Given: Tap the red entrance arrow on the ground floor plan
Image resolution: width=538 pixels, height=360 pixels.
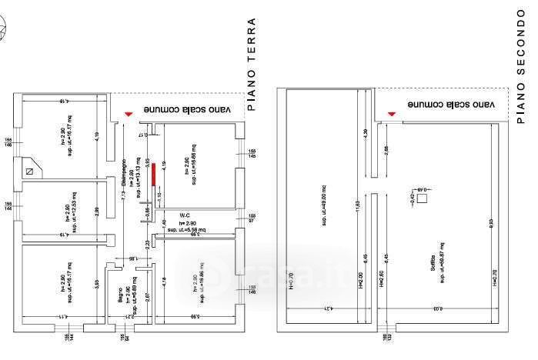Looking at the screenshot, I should [x=129, y=114].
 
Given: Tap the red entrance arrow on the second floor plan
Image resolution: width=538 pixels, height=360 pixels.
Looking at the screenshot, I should [x=392, y=114].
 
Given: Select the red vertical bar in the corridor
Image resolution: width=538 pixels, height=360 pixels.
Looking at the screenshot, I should [x=153, y=174].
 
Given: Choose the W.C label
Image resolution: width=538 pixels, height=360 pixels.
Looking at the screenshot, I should [x=185, y=215].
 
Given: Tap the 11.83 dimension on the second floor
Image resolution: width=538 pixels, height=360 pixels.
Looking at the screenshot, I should [x=357, y=208].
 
